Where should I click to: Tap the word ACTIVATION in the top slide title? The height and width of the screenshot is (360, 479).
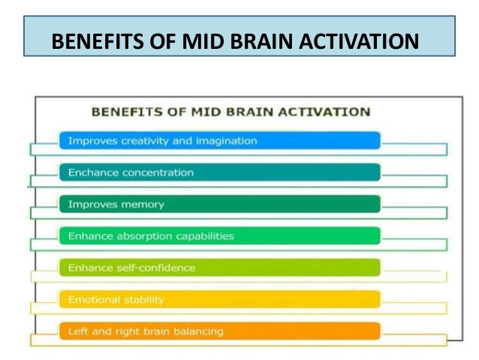[356, 39]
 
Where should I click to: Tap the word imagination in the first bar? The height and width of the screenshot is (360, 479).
[224, 141]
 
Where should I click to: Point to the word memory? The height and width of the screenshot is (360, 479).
[143, 204]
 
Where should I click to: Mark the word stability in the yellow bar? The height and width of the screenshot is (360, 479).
[141, 299]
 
